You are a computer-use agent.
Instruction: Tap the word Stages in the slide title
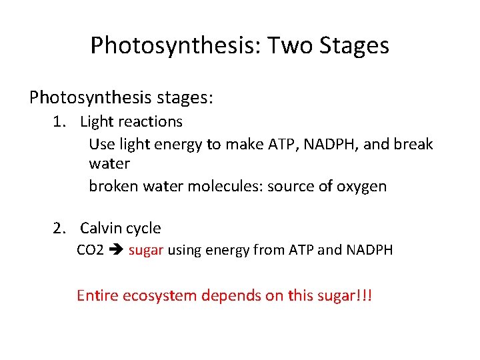tap(355, 47)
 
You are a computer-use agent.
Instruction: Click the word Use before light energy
tap(101, 144)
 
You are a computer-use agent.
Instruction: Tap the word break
tap(413, 144)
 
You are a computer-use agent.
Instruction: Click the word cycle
tap(143, 229)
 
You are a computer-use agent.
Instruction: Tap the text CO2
tap(90, 251)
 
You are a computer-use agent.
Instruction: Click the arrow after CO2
tap(116, 251)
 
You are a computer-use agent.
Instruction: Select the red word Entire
tap(97, 295)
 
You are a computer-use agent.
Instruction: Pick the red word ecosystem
tap(160, 295)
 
